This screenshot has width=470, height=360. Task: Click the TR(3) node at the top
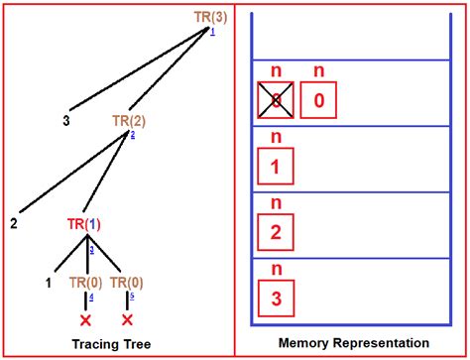point(209,17)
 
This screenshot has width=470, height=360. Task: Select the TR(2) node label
point(130,120)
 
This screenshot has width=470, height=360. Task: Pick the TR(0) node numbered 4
point(85,283)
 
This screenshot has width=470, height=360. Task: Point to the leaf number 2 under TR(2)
point(14,223)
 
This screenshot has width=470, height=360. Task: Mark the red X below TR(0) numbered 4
point(85,320)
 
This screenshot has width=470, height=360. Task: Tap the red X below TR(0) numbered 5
point(127,320)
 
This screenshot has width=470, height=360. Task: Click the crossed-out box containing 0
point(277,100)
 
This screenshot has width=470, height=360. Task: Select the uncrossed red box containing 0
point(318,100)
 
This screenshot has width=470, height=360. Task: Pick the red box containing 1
point(277,166)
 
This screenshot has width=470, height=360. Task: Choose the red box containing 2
point(277,233)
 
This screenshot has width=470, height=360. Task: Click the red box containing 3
point(277,298)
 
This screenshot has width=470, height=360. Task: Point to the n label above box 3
point(277,269)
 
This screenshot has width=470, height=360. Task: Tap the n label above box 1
point(277,138)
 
